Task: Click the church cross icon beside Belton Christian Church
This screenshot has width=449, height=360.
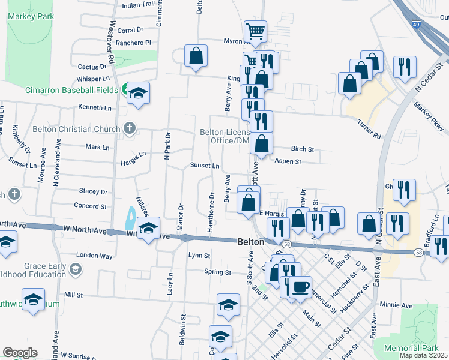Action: pyautogui.click(x=128, y=128)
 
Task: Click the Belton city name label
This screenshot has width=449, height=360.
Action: pyautogui.click(x=250, y=241)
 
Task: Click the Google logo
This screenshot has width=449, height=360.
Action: pyautogui.click(x=20, y=353)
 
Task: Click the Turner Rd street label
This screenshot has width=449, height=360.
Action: pyautogui.click(x=369, y=131)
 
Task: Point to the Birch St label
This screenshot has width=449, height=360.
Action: pyautogui.click(x=303, y=149)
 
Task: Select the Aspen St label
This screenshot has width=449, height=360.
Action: pyautogui.click(x=288, y=161)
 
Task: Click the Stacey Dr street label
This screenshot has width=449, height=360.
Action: pyautogui.click(x=92, y=192)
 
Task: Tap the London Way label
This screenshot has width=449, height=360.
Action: pyautogui.click(x=95, y=256)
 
